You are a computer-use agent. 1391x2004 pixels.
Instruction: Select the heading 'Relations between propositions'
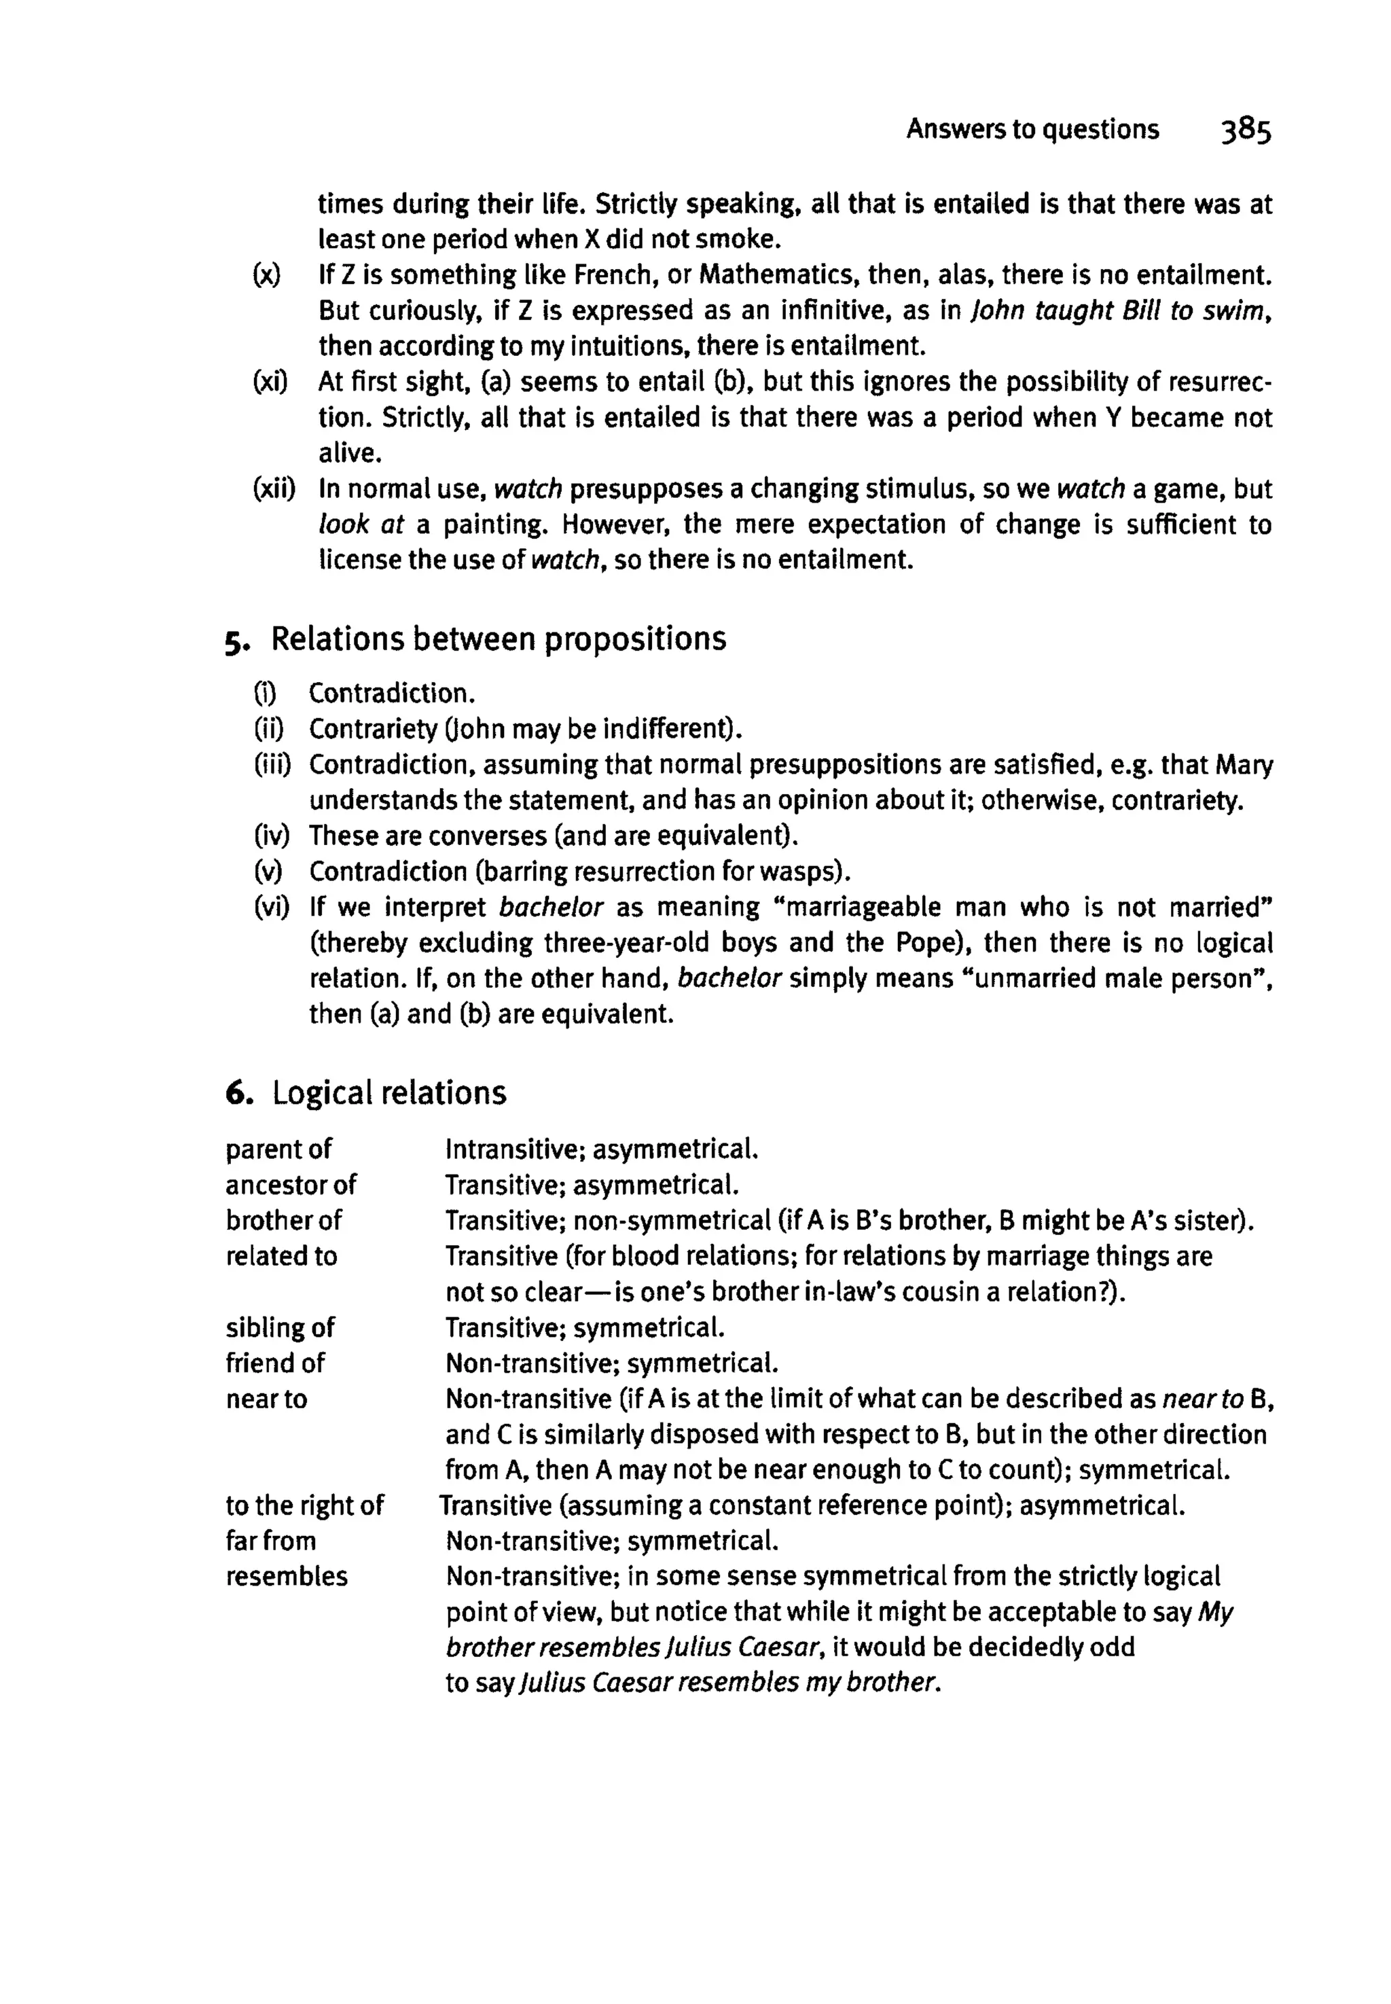coord(499,639)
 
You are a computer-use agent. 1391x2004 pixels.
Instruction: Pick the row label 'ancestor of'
coord(290,1185)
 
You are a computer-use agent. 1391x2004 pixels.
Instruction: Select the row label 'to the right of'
coord(304,1506)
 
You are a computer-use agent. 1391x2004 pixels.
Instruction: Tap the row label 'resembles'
coord(286,1577)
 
